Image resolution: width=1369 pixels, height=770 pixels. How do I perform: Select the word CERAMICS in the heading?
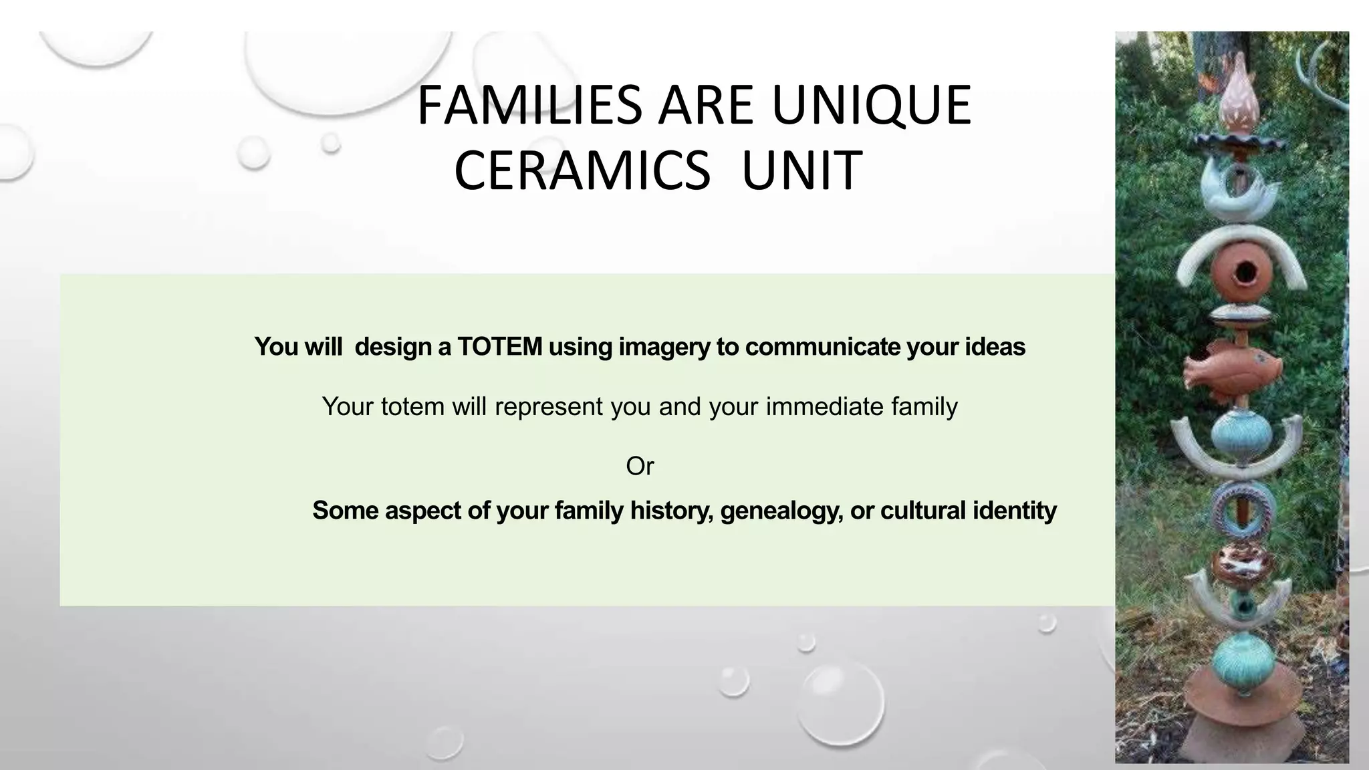pos(582,171)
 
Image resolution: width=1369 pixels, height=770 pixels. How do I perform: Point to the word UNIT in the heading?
pos(801,171)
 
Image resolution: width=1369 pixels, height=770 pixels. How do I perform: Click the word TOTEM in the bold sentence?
pos(499,347)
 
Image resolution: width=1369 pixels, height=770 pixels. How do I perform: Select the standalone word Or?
pos(640,466)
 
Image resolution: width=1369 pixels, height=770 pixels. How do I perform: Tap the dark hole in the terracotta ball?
pos(1245,272)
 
